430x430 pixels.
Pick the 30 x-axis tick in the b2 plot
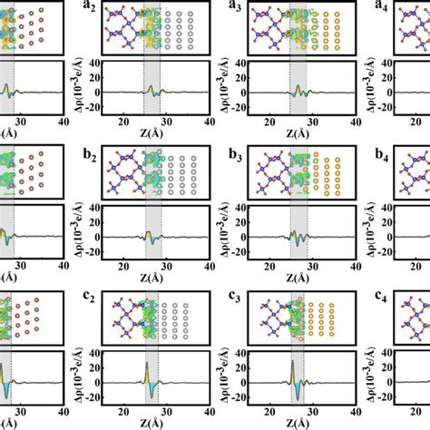[x=166, y=262]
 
